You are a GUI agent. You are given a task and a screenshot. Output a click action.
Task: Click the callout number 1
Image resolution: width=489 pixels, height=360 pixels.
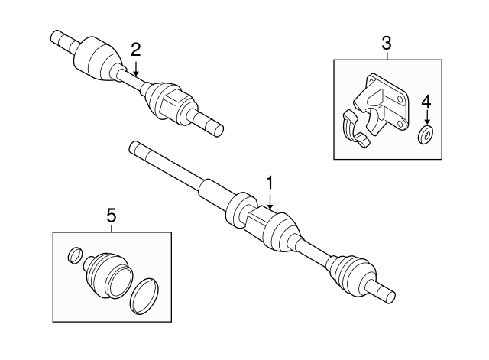pos(269,183)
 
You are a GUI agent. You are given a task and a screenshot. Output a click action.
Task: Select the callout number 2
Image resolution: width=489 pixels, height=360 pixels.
pos(135,50)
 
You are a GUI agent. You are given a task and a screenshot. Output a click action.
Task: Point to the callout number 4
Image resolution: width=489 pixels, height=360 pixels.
pos(426,101)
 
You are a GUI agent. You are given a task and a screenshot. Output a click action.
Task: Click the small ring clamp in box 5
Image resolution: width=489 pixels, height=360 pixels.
pos(74,254)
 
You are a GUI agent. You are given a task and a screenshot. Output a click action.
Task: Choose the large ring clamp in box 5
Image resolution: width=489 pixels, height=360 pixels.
pos(145,297)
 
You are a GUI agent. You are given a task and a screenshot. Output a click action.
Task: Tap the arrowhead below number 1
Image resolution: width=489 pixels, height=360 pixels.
pos(269,208)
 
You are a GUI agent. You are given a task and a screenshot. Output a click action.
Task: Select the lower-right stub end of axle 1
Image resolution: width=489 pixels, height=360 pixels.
pos(386,293)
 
